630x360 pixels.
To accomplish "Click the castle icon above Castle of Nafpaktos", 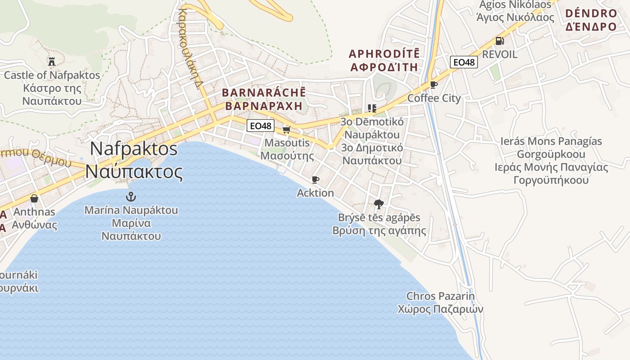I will click(52, 61).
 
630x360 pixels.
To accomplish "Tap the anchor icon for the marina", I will click(130, 196).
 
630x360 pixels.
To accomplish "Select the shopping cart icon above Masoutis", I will click(286, 130).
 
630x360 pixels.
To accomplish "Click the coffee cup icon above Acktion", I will click(315, 180).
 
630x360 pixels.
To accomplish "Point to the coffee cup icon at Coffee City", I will click(434, 85).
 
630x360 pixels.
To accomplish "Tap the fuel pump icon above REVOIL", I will click(499, 41).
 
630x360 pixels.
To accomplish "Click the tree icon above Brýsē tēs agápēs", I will click(379, 204).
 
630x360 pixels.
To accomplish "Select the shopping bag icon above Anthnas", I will click(34, 198).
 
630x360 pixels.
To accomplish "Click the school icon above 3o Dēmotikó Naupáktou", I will click(372, 108).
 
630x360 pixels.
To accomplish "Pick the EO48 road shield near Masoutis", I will click(261, 126).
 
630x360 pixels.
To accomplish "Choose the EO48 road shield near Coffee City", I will click(464, 62).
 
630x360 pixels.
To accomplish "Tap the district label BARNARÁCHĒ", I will click(264, 93).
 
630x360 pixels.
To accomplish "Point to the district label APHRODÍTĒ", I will click(384, 54).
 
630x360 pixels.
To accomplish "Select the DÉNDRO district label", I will click(591, 13).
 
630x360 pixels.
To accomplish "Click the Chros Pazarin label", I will click(441, 296).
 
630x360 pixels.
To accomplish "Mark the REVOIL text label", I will click(499, 54).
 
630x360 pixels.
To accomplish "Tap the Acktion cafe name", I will click(315, 193).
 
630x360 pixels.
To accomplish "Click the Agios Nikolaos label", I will click(515, 5).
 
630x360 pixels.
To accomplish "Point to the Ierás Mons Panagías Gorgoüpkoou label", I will click(551, 148).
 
